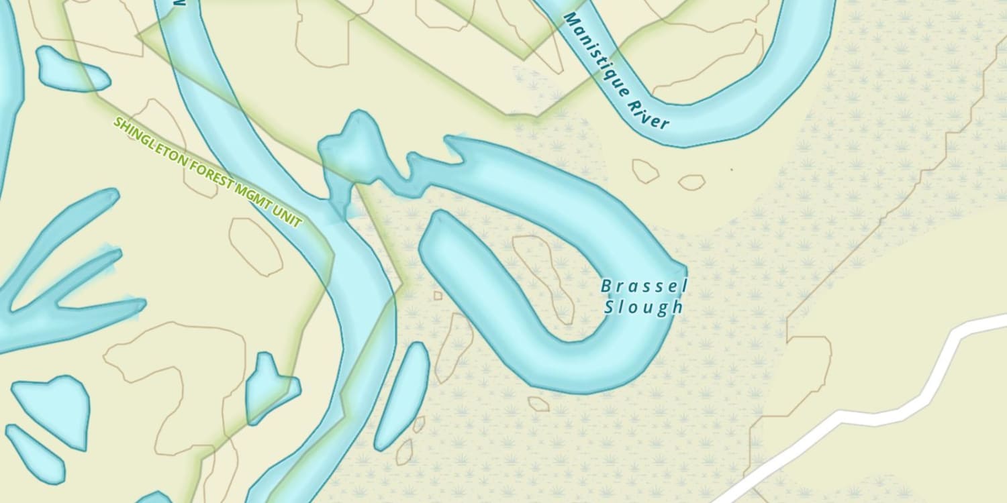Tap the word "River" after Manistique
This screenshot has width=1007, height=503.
[x=649, y=115]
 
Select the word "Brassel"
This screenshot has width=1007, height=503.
[x=644, y=287]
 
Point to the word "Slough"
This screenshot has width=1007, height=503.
[x=644, y=308]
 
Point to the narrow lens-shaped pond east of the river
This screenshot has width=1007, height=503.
[x=403, y=396]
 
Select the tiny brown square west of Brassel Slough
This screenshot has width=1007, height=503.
[x=438, y=295]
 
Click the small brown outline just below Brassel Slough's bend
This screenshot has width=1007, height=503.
[x=538, y=404]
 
